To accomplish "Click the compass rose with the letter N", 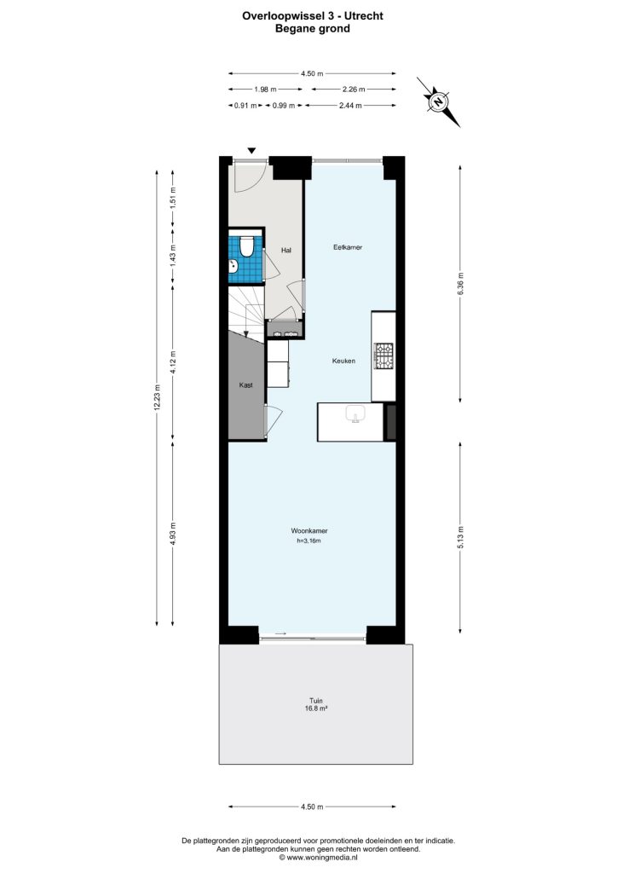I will click(438, 101).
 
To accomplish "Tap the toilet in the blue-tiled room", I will click(245, 246).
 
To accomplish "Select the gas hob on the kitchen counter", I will click(383, 356).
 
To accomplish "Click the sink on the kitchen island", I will click(356, 415).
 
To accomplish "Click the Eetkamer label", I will click(348, 247).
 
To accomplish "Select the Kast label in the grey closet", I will click(246, 385).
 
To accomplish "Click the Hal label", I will click(286, 251).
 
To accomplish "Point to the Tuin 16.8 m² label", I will click(316, 703).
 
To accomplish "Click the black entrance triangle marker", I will click(251, 150).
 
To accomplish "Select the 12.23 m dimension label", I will click(156, 397).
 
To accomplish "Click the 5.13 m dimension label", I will click(461, 538).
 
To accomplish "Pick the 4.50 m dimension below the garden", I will click(311, 806).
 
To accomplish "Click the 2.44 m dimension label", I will click(350, 106).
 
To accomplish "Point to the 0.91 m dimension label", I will click(246, 106).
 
